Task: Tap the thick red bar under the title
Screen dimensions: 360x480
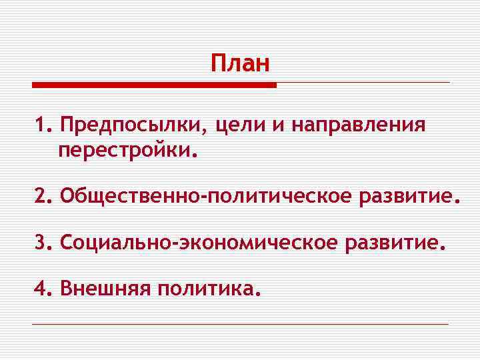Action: tap(154, 85)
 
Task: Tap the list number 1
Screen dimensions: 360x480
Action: tap(42, 125)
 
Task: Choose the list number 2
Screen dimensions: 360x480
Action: tap(42, 197)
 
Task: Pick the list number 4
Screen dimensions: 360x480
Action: tap(42, 289)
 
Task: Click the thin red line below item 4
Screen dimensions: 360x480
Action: tap(240, 324)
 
